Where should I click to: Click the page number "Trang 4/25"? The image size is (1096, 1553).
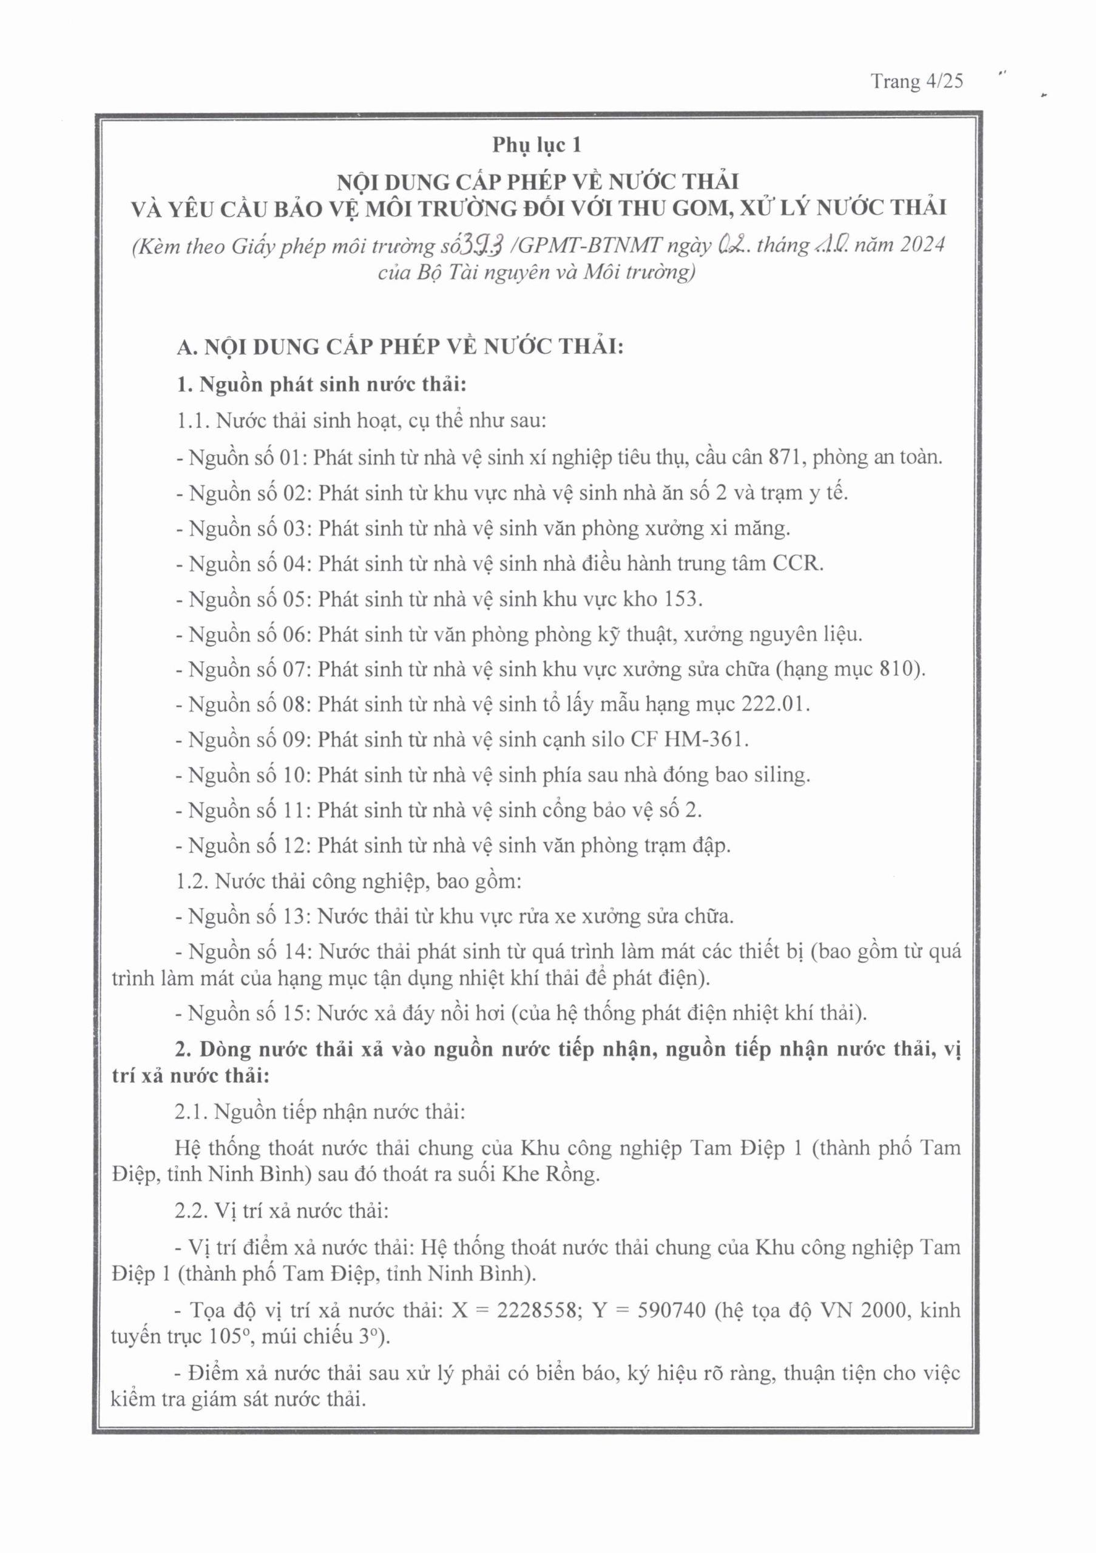(x=917, y=82)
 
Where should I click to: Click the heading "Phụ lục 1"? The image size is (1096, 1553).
(x=536, y=145)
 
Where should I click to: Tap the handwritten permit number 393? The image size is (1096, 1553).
(x=481, y=245)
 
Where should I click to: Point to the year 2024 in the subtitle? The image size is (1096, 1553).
(x=921, y=244)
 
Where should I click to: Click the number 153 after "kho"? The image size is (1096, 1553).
(x=683, y=599)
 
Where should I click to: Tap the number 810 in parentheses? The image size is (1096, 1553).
(x=898, y=669)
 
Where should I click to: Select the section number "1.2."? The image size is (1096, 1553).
(x=192, y=881)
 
